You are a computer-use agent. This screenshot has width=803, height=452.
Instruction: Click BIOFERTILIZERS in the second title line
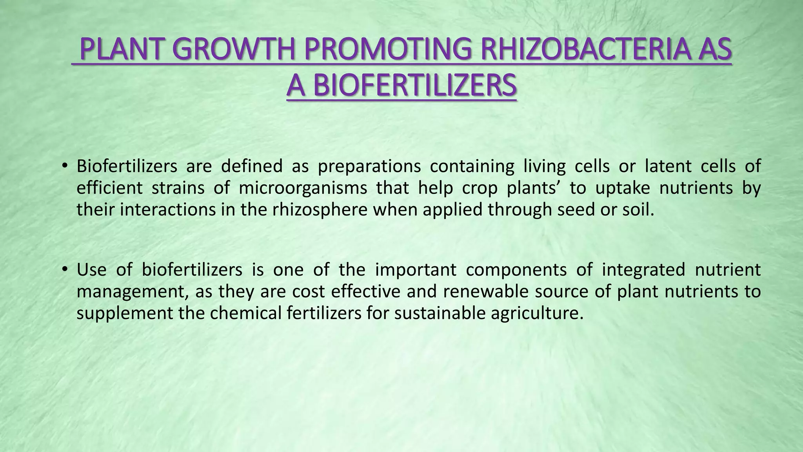[x=414, y=86]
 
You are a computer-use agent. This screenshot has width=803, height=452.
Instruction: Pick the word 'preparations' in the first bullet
[x=369, y=167]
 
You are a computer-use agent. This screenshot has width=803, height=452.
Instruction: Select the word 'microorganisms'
[x=303, y=188]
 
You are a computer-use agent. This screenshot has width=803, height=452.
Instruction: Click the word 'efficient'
[x=109, y=188]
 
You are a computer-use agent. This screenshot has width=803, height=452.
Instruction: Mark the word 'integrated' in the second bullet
[x=643, y=270]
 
